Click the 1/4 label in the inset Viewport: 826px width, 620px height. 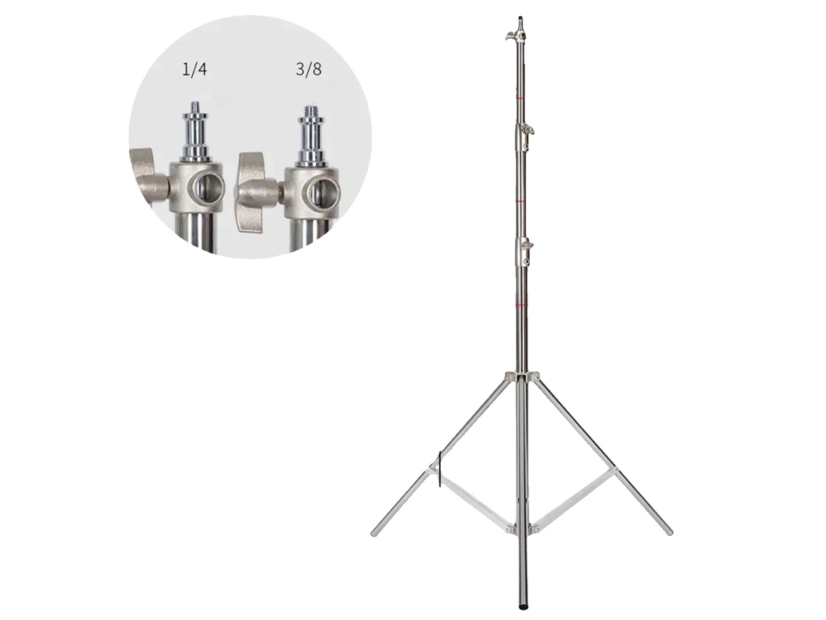point(194,69)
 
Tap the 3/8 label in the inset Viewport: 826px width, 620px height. point(309,69)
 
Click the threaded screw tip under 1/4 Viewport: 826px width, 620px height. point(196,107)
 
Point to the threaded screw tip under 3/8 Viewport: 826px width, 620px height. point(309,112)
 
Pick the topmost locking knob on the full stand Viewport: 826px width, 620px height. point(510,36)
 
